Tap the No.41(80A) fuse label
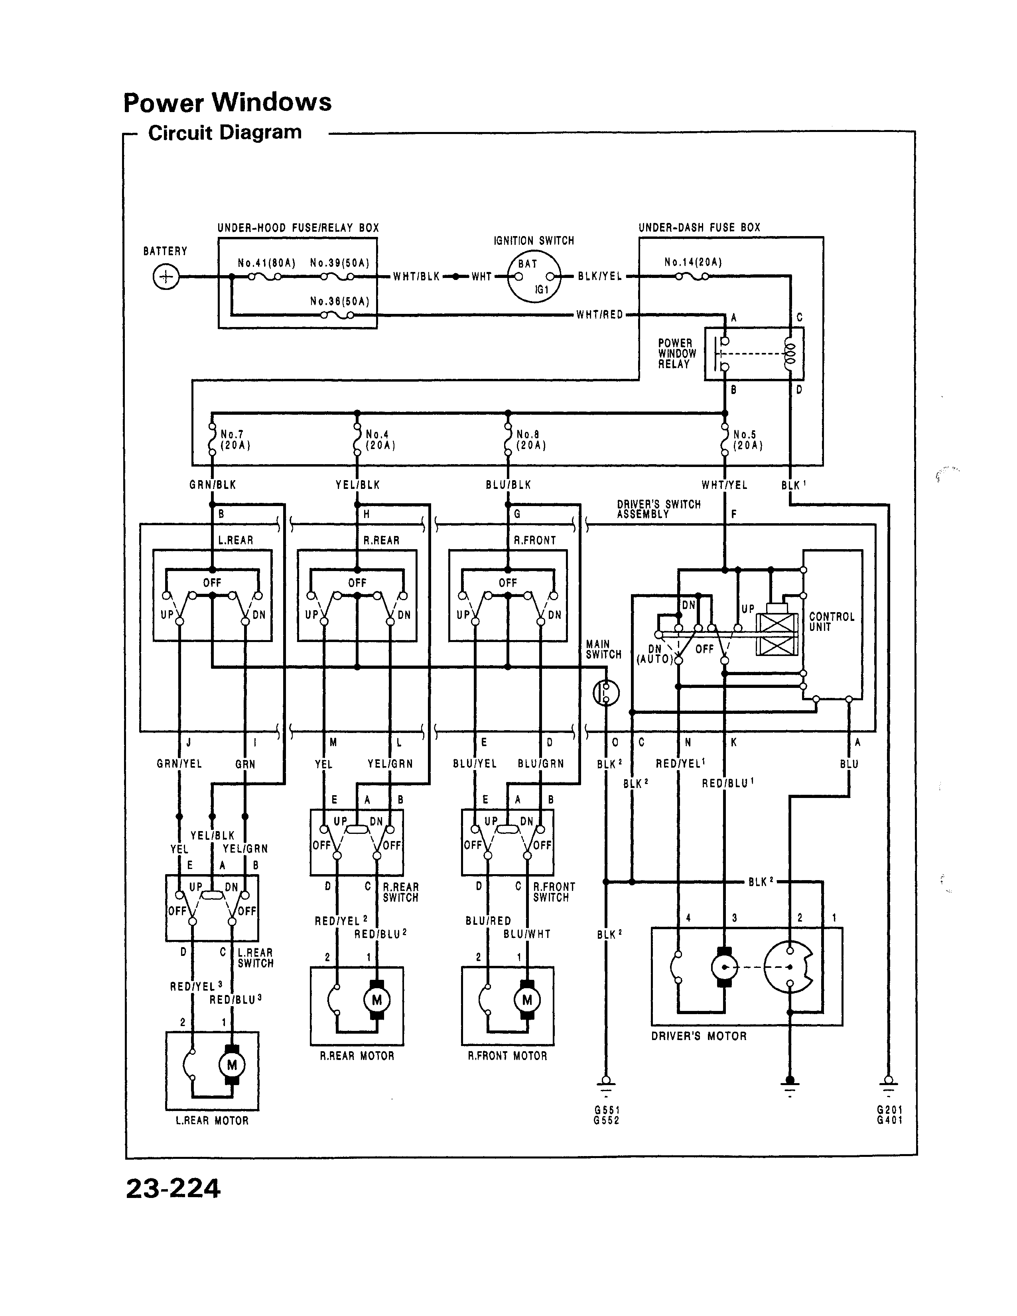click(x=266, y=263)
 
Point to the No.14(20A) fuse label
click(x=693, y=262)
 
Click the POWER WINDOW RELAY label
click(x=676, y=354)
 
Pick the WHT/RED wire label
click(x=599, y=315)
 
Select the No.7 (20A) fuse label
click(x=235, y=440)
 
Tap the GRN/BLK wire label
click(x=213, y=485)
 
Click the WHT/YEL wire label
click(x=724, y=485)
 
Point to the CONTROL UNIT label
click(x=832, y=622)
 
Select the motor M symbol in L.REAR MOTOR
click(x=231, y=1065)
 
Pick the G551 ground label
click(x=606, y=1110)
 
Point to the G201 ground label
click(x=889, y=1110)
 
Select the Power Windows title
click(x=227, y=102)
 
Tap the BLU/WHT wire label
click(x=526, y=934)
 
